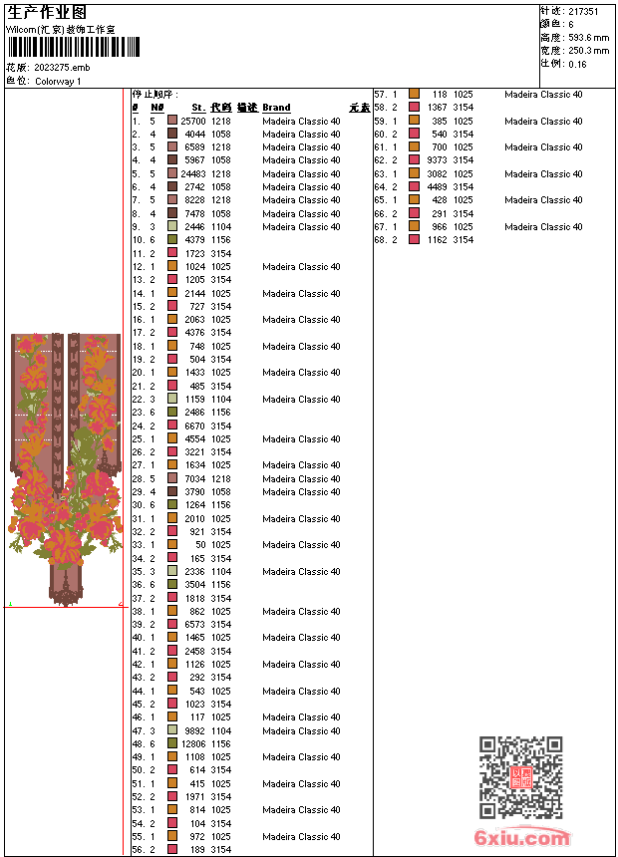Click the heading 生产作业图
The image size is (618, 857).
coord(47,11)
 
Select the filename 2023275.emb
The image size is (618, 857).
coord(62,68)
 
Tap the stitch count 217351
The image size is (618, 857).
coord(583,11)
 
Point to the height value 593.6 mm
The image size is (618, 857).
coord(588,38)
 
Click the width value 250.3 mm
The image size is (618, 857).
coord(588,51)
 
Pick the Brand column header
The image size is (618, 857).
coord(276,108)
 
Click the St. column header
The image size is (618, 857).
coord(198,108)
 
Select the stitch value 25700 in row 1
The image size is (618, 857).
coord(192,121)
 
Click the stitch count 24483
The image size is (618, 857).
coord(192,173)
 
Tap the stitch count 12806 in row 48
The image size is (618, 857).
coord(192,743)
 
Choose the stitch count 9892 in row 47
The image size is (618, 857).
coord(194,730)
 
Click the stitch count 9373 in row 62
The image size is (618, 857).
coord(437,160)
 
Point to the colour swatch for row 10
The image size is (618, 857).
coord(172,240)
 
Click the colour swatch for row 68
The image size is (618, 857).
coord(414,240)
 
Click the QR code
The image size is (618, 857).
coord(520,777)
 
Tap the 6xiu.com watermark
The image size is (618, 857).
coord(522,838)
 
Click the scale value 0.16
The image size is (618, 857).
coord(578,64)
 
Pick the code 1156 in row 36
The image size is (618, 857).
coord(220,585)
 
